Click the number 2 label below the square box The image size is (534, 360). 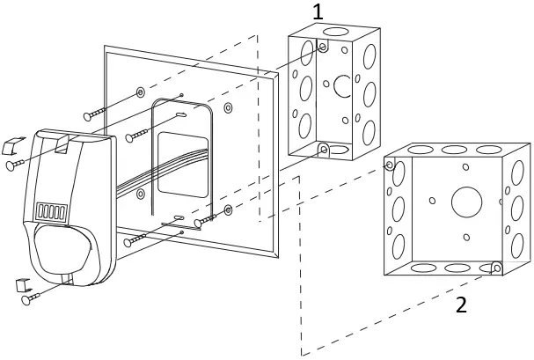pyautogui.click(x=459, y=305)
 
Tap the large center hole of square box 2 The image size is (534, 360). pyautogui.click(x=465, y=202)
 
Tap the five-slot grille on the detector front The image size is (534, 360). pyautogui.click(x=52, y=212)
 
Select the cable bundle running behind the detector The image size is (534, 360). pyautogui.click(x=141, y=185)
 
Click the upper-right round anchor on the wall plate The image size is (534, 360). pyautogui.click(x=227, y=107)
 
